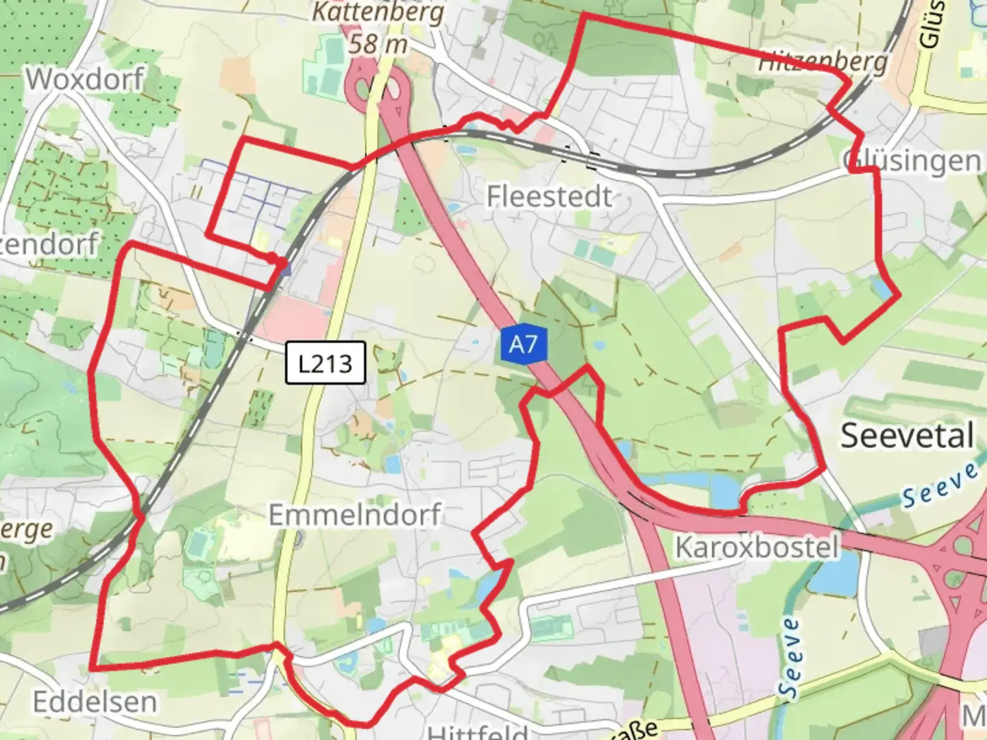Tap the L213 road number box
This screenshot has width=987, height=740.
(325, 362)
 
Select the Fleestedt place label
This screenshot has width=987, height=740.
(549, 197)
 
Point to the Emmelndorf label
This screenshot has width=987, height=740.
(355, 515)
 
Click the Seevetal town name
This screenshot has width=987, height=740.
(907, 436)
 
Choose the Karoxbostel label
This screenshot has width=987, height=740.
(757, 547)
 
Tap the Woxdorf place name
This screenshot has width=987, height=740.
(85, 79)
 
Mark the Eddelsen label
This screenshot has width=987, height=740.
(95, 702)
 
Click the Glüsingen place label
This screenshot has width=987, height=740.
(912, 161)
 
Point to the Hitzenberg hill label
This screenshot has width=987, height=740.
(822, 62)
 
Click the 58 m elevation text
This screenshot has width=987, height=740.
(378, 45)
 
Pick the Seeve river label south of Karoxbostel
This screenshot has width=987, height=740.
(790, 656)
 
